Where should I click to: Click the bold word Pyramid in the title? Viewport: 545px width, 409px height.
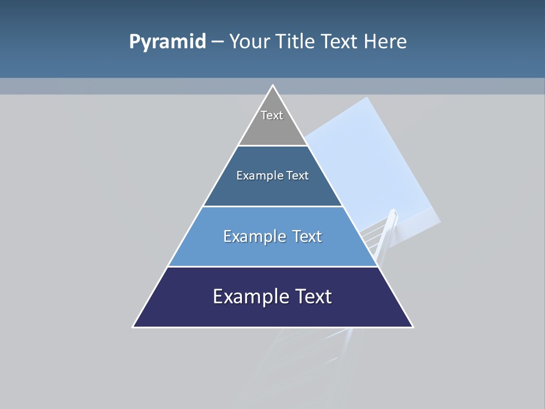[167, 42]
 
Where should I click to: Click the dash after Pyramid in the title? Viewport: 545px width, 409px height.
[217, 42]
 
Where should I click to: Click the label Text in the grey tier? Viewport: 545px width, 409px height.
[272, 115]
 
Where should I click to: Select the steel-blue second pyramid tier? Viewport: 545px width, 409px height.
[272, 190]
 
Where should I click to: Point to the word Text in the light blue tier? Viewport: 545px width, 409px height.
[307, 236]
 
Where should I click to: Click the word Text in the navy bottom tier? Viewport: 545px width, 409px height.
[313, 297]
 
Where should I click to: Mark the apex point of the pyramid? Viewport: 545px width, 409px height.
[273, 86]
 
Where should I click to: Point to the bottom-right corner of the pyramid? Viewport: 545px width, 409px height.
[412, 327]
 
